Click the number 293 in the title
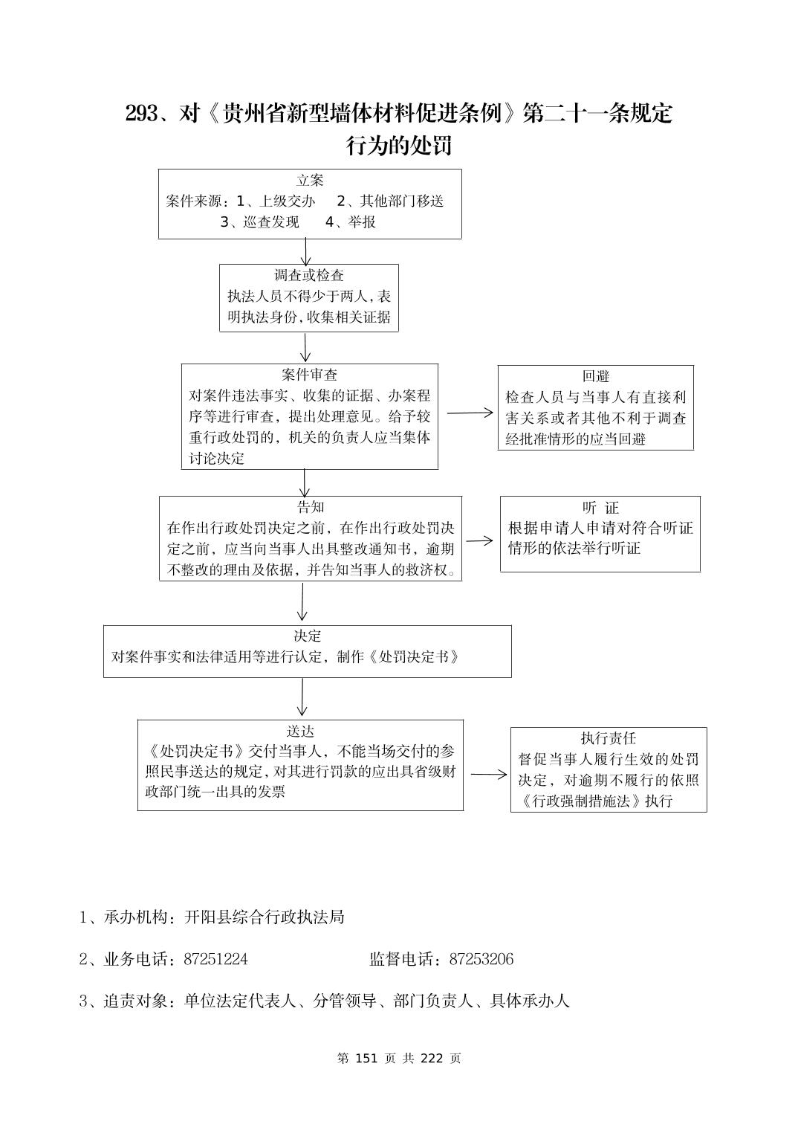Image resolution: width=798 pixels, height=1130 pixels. coord(141,114)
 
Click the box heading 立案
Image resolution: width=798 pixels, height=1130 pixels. coord(310,181)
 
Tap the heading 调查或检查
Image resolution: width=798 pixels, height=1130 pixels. coord(309,276)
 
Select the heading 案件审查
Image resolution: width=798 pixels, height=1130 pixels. coord(309,375)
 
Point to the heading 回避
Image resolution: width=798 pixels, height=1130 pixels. coord(595,377)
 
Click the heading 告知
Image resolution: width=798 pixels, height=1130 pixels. coord(311,507)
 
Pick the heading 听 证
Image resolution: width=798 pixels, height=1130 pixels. coord(600,508)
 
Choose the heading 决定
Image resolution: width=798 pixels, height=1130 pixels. coord(307,636)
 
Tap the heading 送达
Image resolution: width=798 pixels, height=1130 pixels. coord(300,731)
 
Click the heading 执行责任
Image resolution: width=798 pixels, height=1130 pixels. coord(608,738)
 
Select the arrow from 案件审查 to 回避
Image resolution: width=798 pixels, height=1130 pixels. coord(470,413)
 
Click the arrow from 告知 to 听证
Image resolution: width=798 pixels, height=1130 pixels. coord(479,540)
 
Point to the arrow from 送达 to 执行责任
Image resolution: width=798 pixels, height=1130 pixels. coord(488,775)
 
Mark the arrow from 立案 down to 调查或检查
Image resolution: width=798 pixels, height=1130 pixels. coord(305,251)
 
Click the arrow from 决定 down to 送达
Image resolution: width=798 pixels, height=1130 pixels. coord(302,698)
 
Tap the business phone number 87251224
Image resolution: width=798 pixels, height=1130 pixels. coord(215,959)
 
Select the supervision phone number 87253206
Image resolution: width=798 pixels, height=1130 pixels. coord(481,959)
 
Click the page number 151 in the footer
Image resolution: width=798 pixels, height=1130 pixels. coord(369,1058)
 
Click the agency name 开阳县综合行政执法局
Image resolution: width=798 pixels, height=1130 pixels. coord(265,917)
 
